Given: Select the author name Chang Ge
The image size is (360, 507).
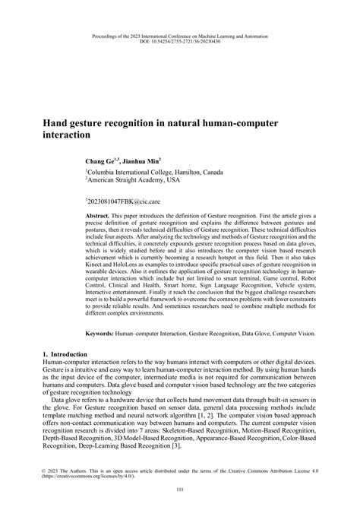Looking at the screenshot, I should [101, 162].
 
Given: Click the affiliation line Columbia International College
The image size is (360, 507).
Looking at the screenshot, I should [154, 173].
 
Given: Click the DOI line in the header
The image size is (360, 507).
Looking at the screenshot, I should [180, 41].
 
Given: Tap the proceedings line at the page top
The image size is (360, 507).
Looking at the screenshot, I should [180, 35].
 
